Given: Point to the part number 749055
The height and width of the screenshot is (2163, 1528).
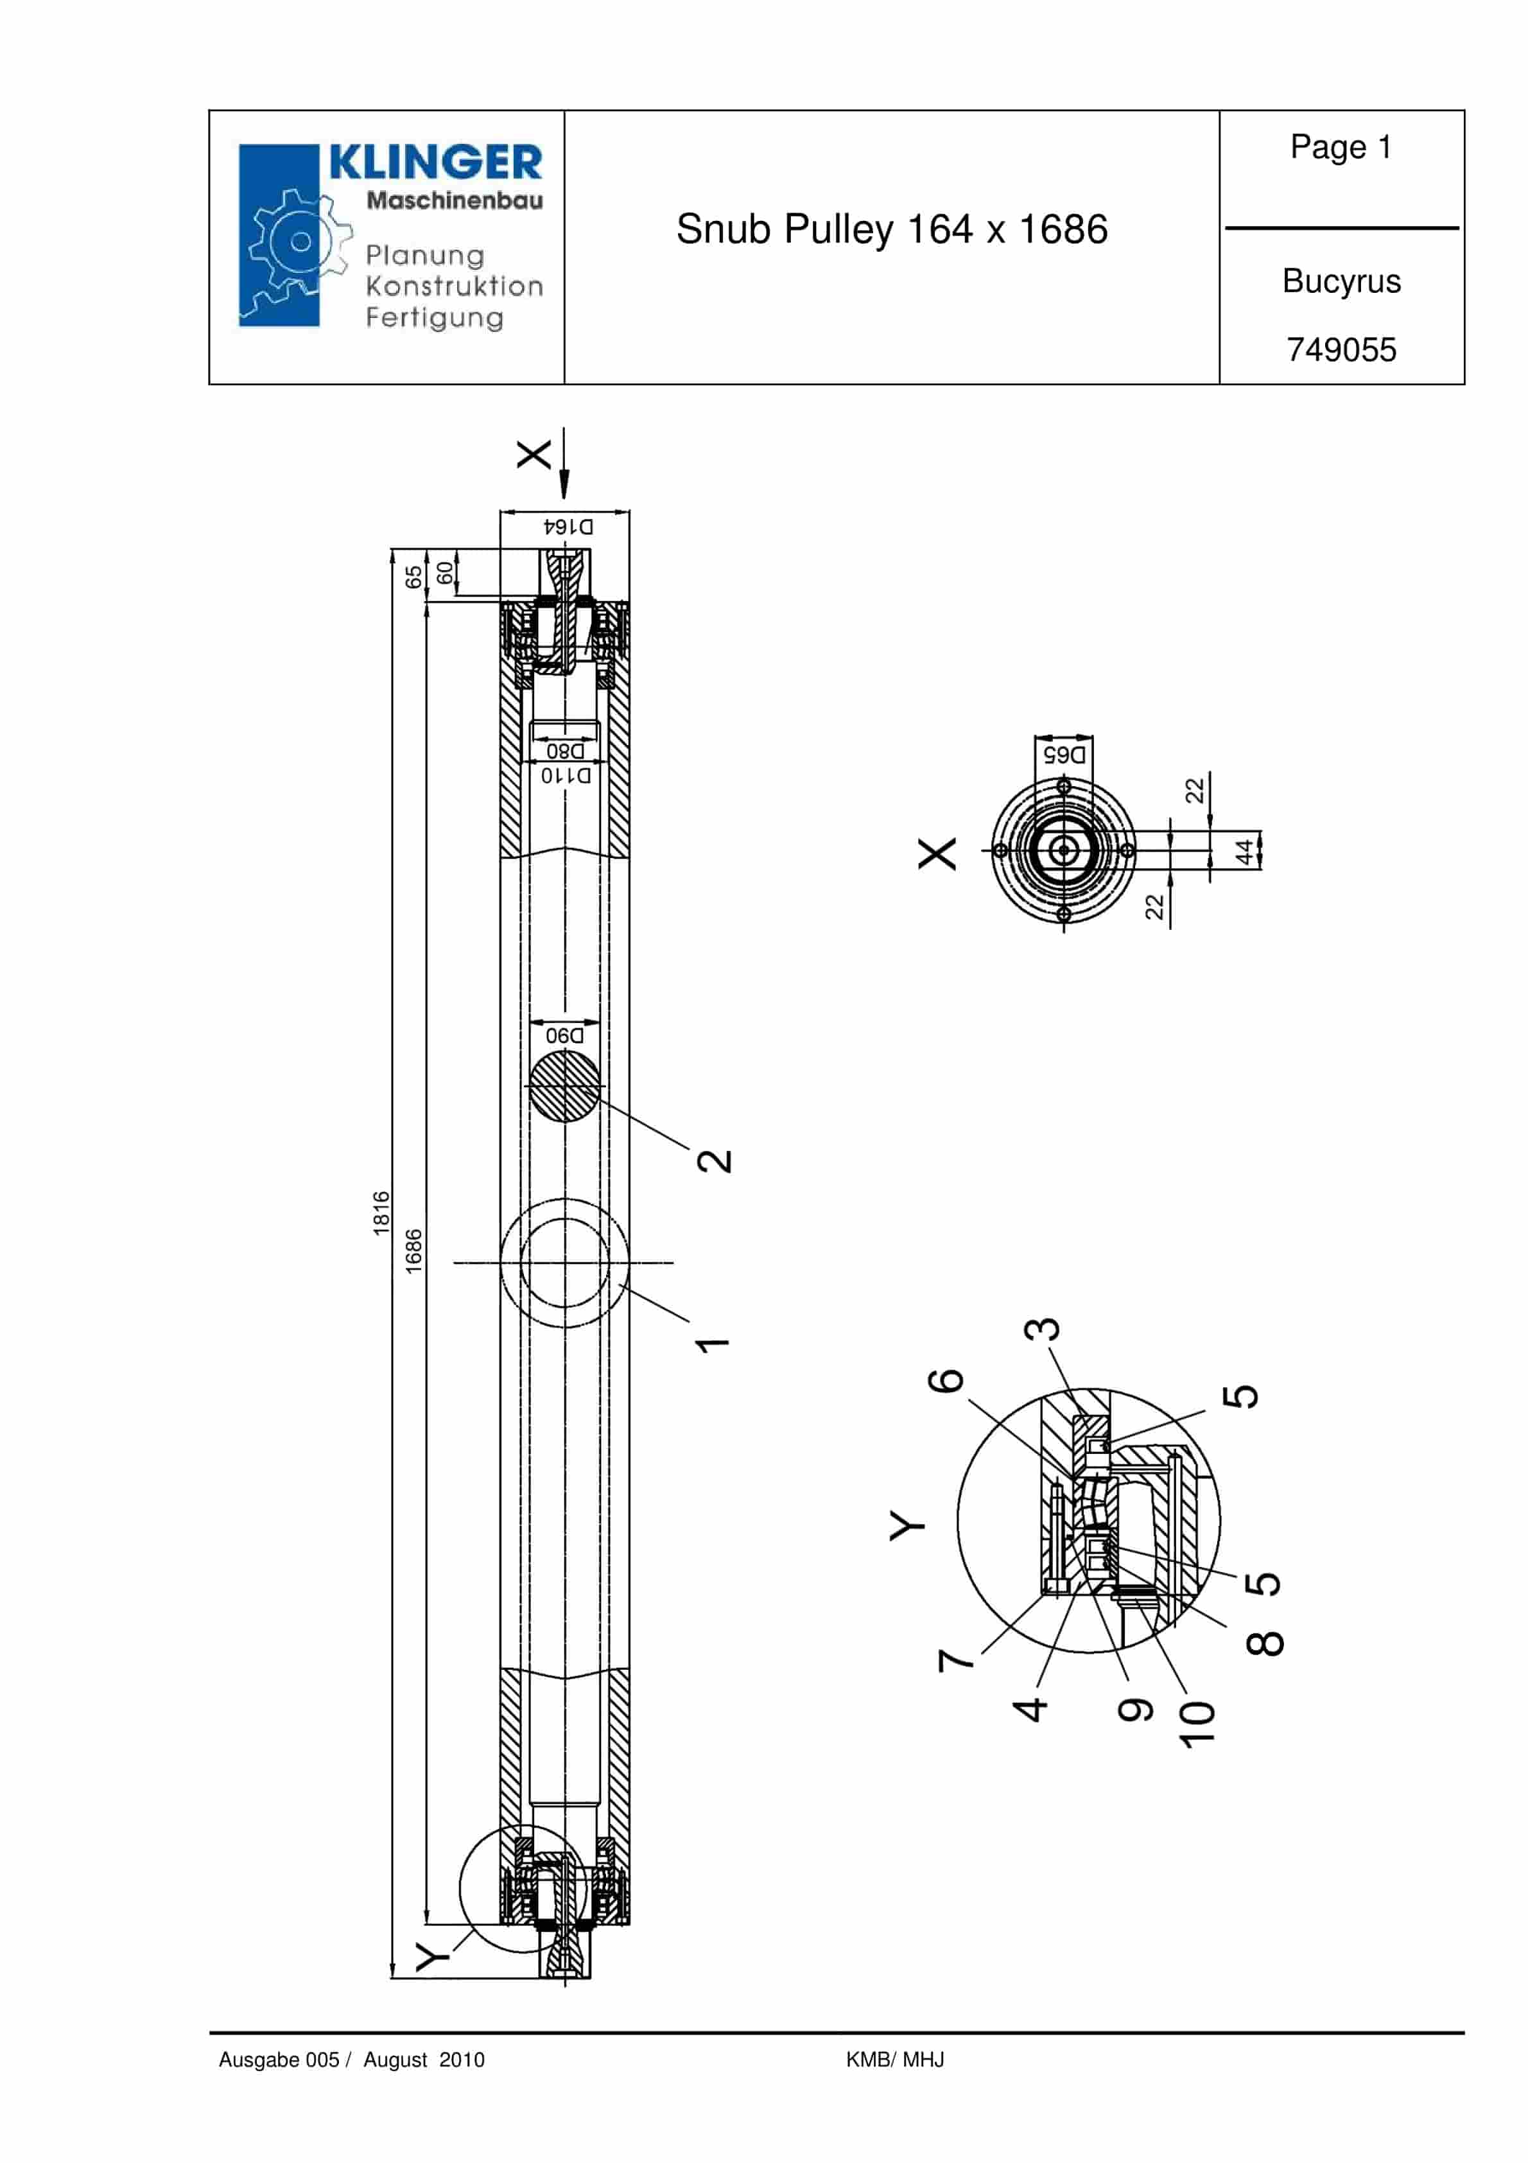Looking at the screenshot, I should [x=1341, y=349].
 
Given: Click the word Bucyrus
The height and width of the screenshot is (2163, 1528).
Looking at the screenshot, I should [x=1341, y=281].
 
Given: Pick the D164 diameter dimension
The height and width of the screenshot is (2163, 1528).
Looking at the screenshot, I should [x=568, y=526].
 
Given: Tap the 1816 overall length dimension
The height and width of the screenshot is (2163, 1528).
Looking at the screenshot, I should [x=381, y=1213].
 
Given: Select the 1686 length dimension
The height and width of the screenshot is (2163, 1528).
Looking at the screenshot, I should [x=413, y=1251].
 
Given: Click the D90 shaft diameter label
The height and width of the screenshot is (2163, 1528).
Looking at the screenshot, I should [x=565, y=1035].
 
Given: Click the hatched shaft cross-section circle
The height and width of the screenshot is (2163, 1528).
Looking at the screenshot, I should [x=564, y=1086].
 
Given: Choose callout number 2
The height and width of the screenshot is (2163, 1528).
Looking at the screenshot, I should [x=714, y=1160].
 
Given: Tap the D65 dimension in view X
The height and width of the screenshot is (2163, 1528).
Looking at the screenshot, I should [x=1064, y=755].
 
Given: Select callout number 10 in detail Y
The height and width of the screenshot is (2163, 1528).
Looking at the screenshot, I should [x=1197, y=1724].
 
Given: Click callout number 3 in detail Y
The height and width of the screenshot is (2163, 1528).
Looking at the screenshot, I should [x=1042, y=1329].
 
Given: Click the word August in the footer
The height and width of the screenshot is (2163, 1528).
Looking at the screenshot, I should [x=395, y=2060].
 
